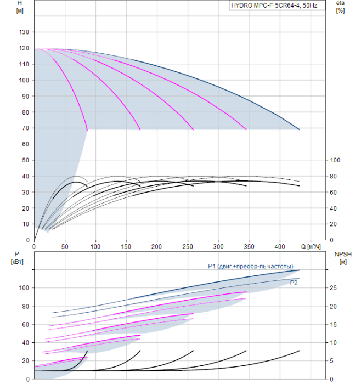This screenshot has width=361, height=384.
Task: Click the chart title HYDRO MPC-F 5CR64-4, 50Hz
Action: (x=274, y=5)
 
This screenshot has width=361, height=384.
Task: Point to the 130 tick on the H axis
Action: (x=24, y=32)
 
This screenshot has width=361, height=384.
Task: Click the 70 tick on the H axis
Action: (x=25, y=128)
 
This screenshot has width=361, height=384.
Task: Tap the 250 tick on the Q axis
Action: (x=188, y=247)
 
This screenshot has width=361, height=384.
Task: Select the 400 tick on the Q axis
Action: (x=280, y=247)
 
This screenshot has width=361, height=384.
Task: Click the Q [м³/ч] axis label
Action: (x=311, y=247)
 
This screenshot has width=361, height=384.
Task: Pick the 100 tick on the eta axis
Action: (x=335, y=160)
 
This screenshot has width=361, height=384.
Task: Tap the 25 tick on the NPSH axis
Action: (x=334, y=288)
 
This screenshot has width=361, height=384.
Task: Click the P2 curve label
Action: (x=294, y=283)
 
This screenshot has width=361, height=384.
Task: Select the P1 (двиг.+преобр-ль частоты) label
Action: (x=251, y=266)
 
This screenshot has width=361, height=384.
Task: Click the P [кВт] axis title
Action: (x=17, y=258)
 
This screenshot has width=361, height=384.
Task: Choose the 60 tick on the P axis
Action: (x=25, y=325)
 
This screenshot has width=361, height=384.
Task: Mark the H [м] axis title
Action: (x=20, y=7)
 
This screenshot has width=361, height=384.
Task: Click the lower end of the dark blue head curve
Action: (x=299, y=129)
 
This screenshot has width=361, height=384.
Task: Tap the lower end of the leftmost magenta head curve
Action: (x=87, y=131)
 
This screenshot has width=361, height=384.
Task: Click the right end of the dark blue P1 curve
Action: (x=300, y=270)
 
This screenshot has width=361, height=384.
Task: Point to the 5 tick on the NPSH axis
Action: (x=331, y=361)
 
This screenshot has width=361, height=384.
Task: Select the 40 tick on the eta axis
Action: (x=334, y=208)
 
